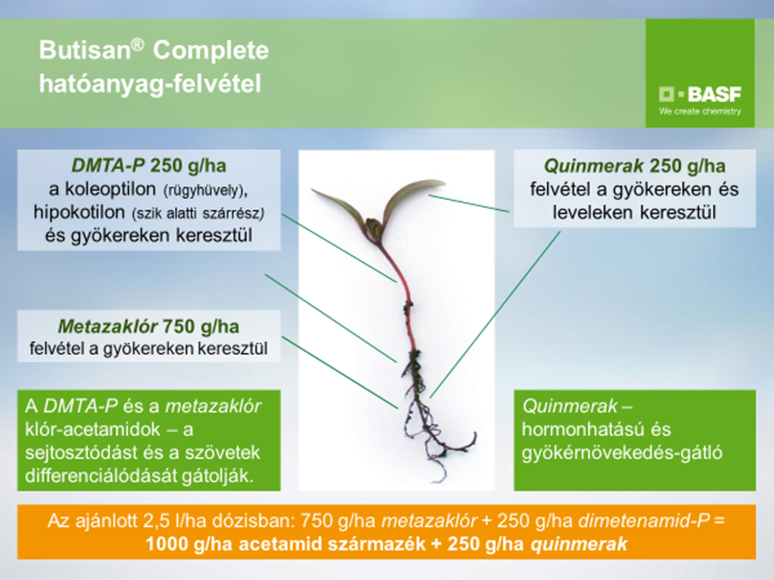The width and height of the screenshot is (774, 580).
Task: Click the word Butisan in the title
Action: [x=85, y=50]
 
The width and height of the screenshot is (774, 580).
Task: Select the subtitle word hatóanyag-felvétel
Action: [x=150, y=84]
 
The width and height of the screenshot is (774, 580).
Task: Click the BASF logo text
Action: [x=714, y=94]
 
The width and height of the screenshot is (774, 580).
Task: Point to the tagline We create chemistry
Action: [x=700, y=111]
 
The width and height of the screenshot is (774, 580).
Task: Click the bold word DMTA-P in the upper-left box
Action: [x=108, y=165]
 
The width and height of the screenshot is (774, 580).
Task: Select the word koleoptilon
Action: [x=110, y=189]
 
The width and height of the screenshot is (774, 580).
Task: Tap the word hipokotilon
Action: [x=79, y=212]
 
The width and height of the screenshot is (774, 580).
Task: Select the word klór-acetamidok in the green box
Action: [x=92, y=429]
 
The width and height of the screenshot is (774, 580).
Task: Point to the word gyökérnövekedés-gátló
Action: [x=622, y=453]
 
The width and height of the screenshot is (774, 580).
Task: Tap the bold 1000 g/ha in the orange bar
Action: [x=189, y=544]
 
